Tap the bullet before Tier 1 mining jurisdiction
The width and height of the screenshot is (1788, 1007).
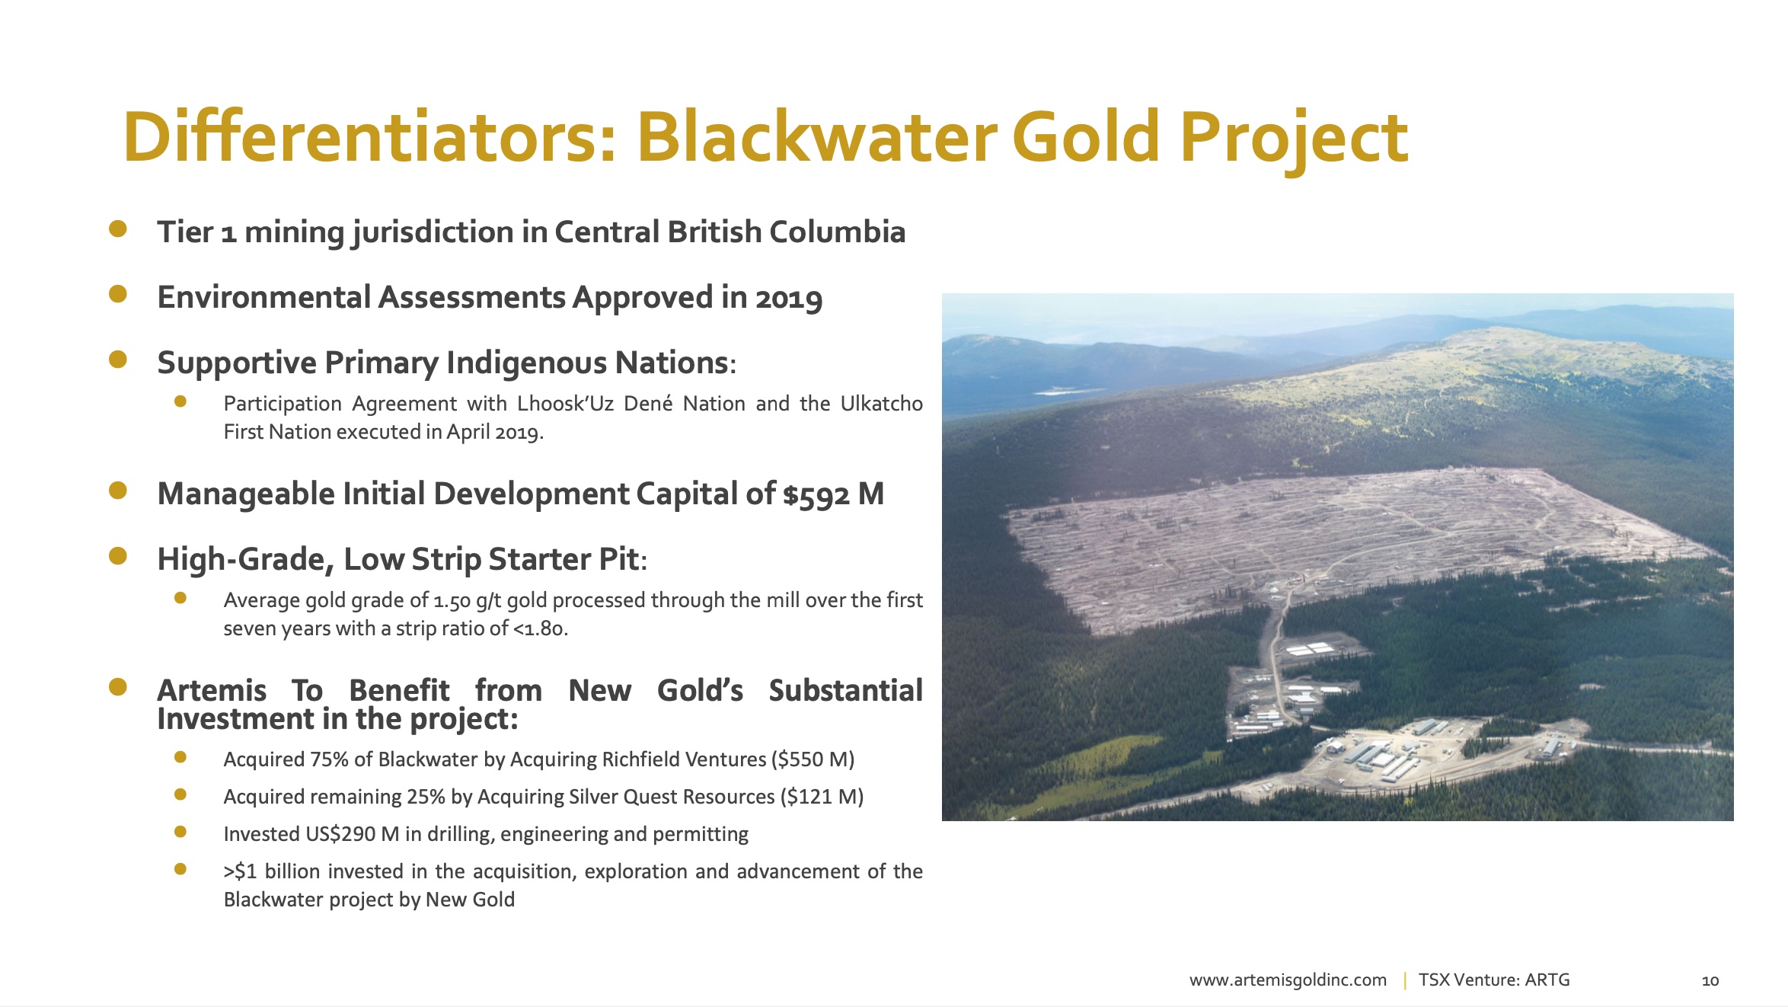click(x=118, y=229)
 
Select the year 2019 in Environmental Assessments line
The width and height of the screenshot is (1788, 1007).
click(x=789, y=298)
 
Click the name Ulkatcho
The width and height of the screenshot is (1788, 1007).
click(x=882, y=403)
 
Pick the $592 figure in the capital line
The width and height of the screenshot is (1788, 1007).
click(x=816, y=494)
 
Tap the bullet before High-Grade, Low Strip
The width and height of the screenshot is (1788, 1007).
click(x=118, y=556)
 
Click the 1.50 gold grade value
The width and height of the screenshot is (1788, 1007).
click(x=452, y=601)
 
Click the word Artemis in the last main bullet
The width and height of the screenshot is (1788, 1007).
click(x=212, y=690)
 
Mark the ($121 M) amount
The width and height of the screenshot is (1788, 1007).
click(x=822, y=797)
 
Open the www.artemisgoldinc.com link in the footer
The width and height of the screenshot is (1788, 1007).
click(x=1288, y=980)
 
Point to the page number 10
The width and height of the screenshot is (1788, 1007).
click(x=1710, y=981)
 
